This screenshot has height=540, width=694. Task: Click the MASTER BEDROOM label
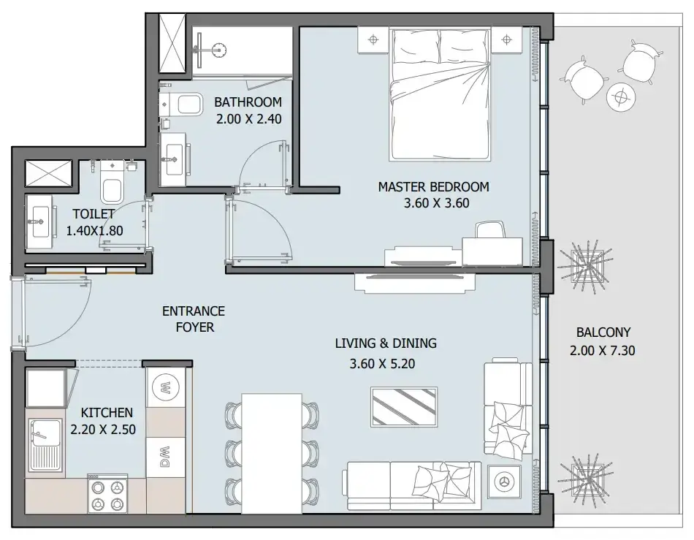(433, 187)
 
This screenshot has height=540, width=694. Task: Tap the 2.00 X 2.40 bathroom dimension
(248, 119)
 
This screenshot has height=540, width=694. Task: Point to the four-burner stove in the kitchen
(107, 494)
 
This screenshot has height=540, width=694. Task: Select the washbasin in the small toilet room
(41, 221)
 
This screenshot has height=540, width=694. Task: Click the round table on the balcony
(621, 96)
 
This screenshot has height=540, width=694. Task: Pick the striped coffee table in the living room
(404, 407)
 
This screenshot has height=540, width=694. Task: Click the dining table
(272, 453)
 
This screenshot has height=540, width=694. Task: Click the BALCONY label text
(603, 332)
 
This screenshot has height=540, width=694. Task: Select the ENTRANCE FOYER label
(194, 319)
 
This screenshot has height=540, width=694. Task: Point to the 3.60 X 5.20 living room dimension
(382, 364)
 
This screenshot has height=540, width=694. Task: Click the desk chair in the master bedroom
(490, 230)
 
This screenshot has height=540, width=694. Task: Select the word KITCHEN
(107, 413)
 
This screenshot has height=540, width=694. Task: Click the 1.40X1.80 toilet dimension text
(94, 231)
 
